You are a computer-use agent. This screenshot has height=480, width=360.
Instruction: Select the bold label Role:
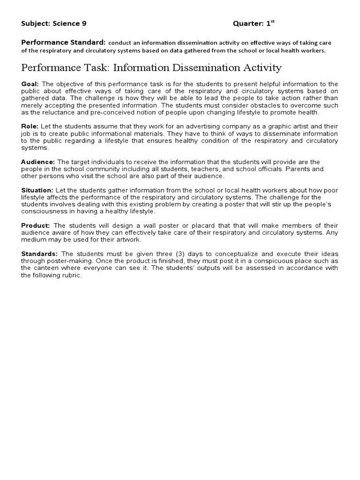[30, 127]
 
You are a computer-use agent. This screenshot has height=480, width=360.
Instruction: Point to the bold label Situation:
[37, 190]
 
